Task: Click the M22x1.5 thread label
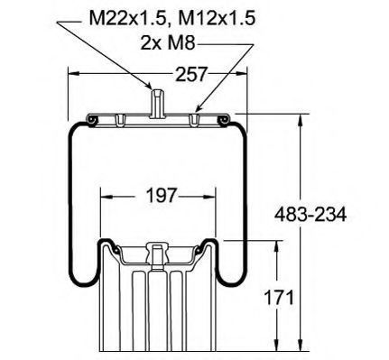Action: tap(128, 19)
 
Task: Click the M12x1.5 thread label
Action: tap(218, 19)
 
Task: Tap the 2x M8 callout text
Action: tap(168, 43)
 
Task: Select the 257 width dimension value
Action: tap(191, 74)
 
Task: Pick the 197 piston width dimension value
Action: tap(161, 196)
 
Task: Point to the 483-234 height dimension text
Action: tap(310, 215)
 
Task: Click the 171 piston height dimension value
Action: tap(279, 298)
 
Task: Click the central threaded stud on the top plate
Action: tap(156, 103)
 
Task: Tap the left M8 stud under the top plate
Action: tap(119, 120)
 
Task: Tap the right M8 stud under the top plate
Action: tap(194, 120)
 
